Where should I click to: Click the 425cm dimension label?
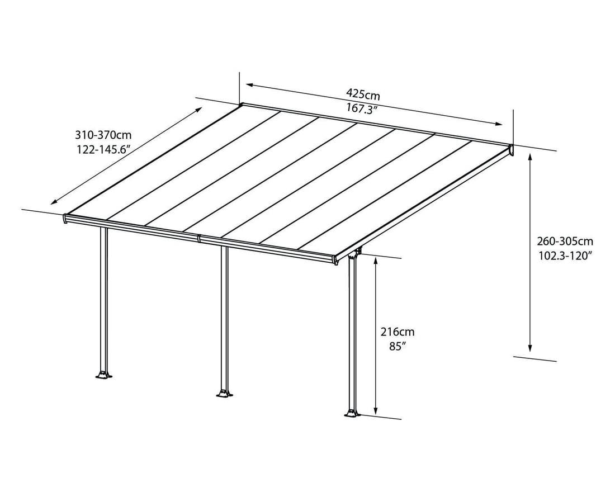[363, 94]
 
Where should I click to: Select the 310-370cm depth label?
[103, 135]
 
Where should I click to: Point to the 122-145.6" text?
[103, 149]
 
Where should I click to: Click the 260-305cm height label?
[565, 242]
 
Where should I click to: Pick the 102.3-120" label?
[565, 256]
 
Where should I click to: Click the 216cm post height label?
[398, 332]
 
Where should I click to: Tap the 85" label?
[397, 347]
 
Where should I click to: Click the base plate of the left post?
[103, 375]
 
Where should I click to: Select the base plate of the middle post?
[225, 394]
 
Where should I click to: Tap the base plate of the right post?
[352, 414]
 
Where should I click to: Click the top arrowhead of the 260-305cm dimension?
[530, 157]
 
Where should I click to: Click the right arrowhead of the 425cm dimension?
[499, 124]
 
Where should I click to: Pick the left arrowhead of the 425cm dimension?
[249, 85]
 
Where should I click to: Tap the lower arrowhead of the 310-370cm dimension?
[54, 202]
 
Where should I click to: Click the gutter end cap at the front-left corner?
[65, 219]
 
